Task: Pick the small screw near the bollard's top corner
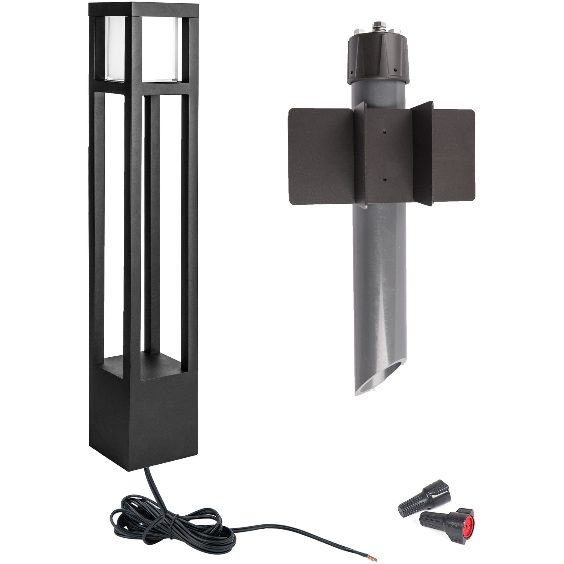186,22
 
